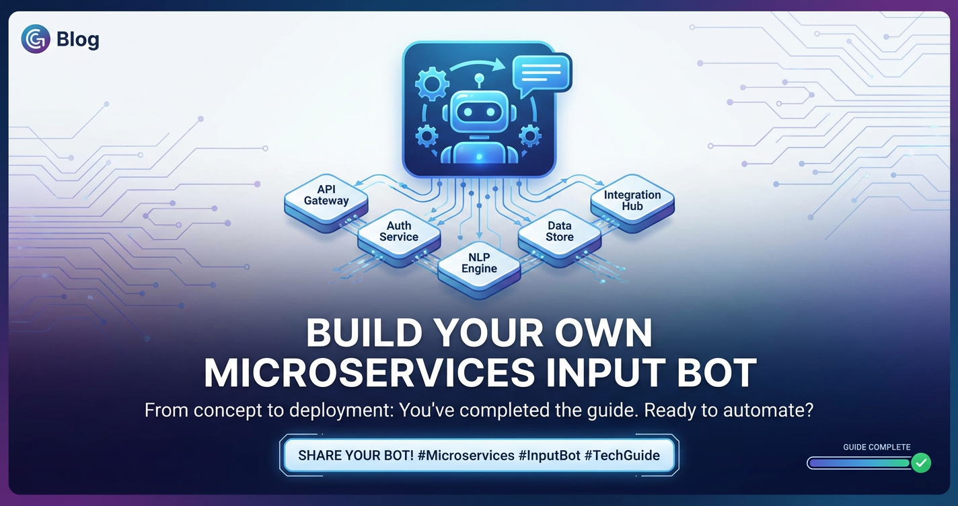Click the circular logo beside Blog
point(36,39)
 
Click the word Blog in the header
point(78,39)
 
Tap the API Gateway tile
point(326,203)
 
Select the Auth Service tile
point(399,238)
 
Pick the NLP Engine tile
point(479,269)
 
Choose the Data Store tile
point(560,238)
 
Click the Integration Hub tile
point(632,203)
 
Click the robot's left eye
point(468,112)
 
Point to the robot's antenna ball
point(480,78)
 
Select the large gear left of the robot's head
point(432,84)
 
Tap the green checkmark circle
point(921,463)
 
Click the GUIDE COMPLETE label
point(877,447)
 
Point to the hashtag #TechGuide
point(622,456)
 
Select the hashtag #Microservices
point(466,456)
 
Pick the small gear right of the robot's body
point(530,137)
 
